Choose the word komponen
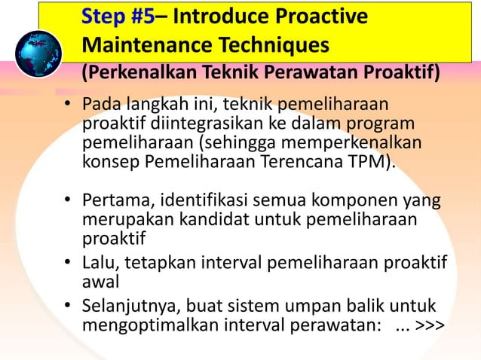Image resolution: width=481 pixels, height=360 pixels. pyautogui.click(x=354, y=203)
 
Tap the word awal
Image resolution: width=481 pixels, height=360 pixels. pyautogui.click(x=100, y=281)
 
